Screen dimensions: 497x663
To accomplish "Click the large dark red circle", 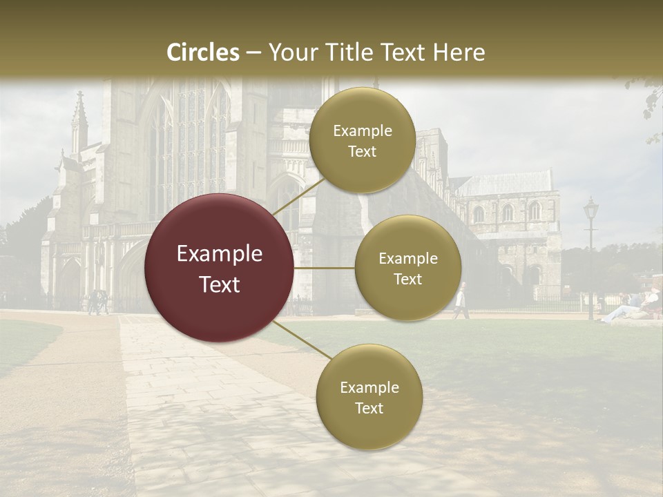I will point(219,268).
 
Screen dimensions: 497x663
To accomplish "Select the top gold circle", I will point(362,140).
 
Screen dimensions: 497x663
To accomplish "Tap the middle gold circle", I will point(407,268).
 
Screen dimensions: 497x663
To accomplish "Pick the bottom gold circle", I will point(369,397).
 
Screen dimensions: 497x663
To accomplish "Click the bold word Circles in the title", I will point(203,52).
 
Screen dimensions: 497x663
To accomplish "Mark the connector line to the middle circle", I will point(325,268).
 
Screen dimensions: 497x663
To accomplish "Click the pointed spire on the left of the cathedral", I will point(79,117).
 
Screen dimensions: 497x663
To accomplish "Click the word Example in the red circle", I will point(219,254).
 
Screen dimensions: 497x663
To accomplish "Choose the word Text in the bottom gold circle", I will point(369,408).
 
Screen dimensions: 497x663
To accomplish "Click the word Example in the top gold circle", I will point(362,130).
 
